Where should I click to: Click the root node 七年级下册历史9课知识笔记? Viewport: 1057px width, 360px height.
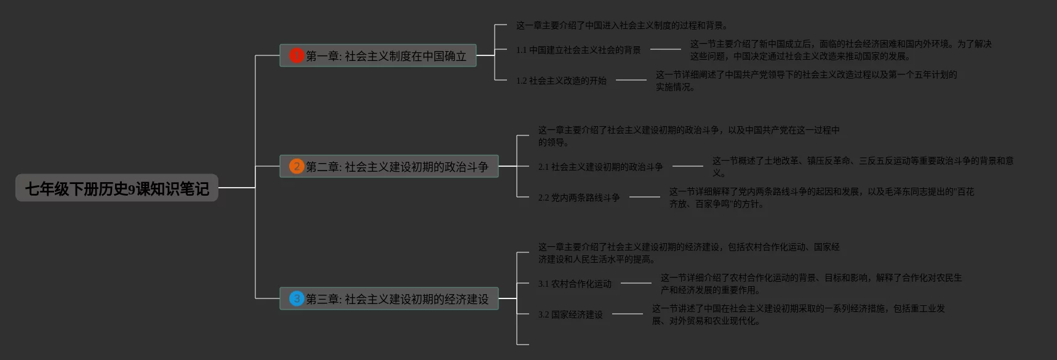click(117, 188)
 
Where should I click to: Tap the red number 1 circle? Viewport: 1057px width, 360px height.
click(297, 55)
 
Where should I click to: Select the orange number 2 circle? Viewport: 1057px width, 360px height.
click(297, 166)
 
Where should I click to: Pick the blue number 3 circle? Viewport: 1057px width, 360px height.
click(297, 299)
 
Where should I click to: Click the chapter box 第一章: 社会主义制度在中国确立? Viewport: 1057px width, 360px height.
click(386, 56)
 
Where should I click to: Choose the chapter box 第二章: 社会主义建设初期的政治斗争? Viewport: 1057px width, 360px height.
click(397, 167)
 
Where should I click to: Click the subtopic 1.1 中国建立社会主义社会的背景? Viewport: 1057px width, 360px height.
click(578, 50)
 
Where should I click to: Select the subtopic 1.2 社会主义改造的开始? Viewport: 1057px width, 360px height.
click(561, 81)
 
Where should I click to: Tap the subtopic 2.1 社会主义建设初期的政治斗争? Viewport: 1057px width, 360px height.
click(600, 167)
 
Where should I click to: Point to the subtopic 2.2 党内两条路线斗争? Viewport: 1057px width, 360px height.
click(579, 198)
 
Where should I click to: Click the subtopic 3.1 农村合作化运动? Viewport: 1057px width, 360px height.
click(575, 284)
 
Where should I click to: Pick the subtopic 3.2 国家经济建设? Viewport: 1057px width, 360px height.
click(570, 314)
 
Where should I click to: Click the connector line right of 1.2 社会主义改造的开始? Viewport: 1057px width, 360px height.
click(631, 80)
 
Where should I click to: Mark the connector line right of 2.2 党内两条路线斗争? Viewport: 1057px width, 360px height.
click(644, 197)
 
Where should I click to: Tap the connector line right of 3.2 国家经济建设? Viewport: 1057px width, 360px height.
click(627, 314)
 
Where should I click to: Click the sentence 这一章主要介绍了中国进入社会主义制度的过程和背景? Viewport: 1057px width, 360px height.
click(622, 25)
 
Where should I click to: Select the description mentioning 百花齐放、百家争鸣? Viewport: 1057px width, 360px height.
click(821, 198)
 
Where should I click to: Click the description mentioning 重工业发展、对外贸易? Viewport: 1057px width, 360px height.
click(798, 314)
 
